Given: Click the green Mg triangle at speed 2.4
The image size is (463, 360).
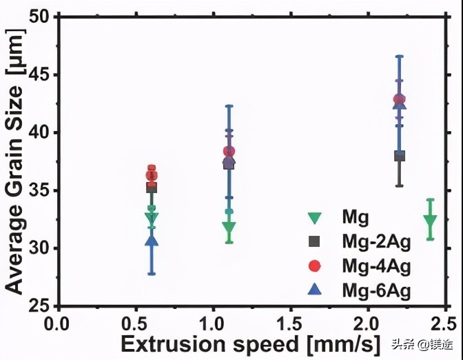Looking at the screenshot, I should (431, 221).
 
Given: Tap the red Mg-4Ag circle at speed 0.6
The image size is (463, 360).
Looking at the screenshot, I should (152, 175).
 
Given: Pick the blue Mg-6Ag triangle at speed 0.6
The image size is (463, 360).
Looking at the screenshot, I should (152, 240).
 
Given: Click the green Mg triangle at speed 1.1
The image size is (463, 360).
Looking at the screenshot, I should (229, 228).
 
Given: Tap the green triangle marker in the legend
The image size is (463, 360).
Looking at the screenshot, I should (315, 218).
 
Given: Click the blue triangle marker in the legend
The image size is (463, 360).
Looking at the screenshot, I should (315, 290).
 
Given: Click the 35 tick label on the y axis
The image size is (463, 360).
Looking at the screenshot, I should (39, 190).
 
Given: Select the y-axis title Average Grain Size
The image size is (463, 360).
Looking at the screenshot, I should (14, 160).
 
